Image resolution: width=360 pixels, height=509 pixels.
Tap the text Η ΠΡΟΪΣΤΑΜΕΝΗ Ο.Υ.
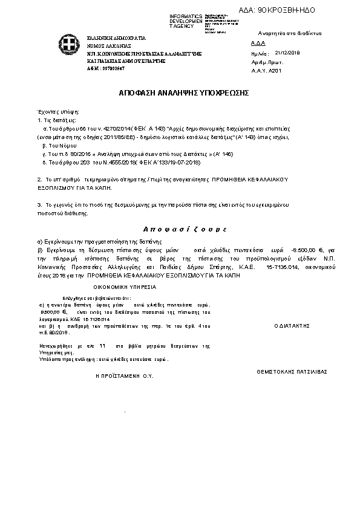(125, 375)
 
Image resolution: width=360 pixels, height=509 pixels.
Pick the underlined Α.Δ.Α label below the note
(257, 44)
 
